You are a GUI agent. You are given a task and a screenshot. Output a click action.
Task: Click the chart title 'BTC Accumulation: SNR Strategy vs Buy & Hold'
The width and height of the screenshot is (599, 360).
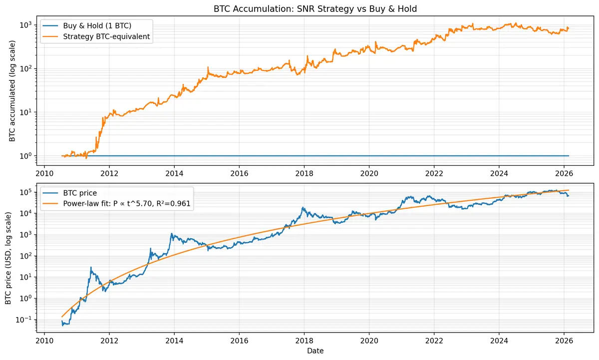click(315, 9)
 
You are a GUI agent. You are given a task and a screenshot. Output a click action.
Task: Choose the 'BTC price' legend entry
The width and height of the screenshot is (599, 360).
click(83, 192)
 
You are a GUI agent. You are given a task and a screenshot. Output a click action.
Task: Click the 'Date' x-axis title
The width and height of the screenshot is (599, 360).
click(315, 351)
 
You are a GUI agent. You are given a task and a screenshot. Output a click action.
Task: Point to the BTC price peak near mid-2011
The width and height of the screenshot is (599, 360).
click(91, 267)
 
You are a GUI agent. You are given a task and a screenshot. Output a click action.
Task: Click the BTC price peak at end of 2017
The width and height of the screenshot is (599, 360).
click(303, 208)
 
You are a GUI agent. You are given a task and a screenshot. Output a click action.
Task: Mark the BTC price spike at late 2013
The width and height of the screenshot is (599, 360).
click(172, 233)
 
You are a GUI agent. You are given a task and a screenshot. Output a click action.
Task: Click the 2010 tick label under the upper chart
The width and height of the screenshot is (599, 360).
click(44, 175)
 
